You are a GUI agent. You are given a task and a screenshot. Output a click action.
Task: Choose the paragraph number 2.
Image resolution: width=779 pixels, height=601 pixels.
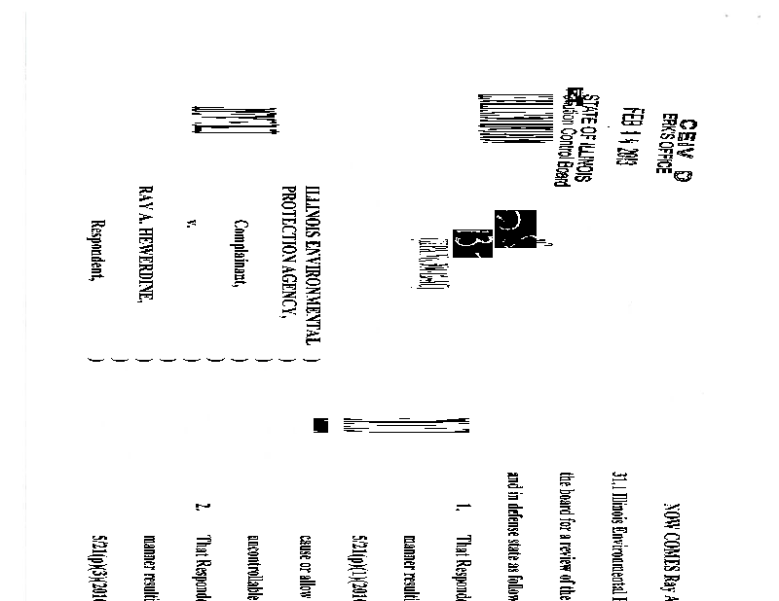[x=204, y=508]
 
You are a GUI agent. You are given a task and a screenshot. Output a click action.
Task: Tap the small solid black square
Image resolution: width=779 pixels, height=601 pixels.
[x=319, y=425]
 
